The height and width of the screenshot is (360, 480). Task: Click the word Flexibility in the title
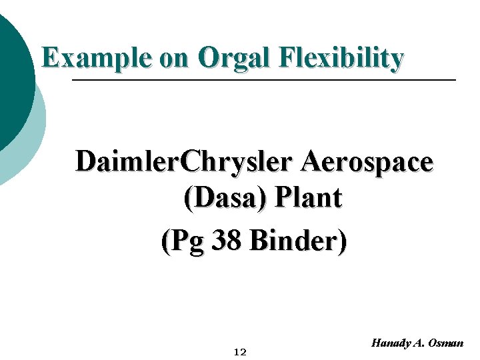click(x=342, y=58)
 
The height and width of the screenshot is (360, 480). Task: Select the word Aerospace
click(x=367, y=161)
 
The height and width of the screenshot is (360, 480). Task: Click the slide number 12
click(x=240, y=352)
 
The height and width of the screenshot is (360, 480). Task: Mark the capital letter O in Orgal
click(x=209, y=58)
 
